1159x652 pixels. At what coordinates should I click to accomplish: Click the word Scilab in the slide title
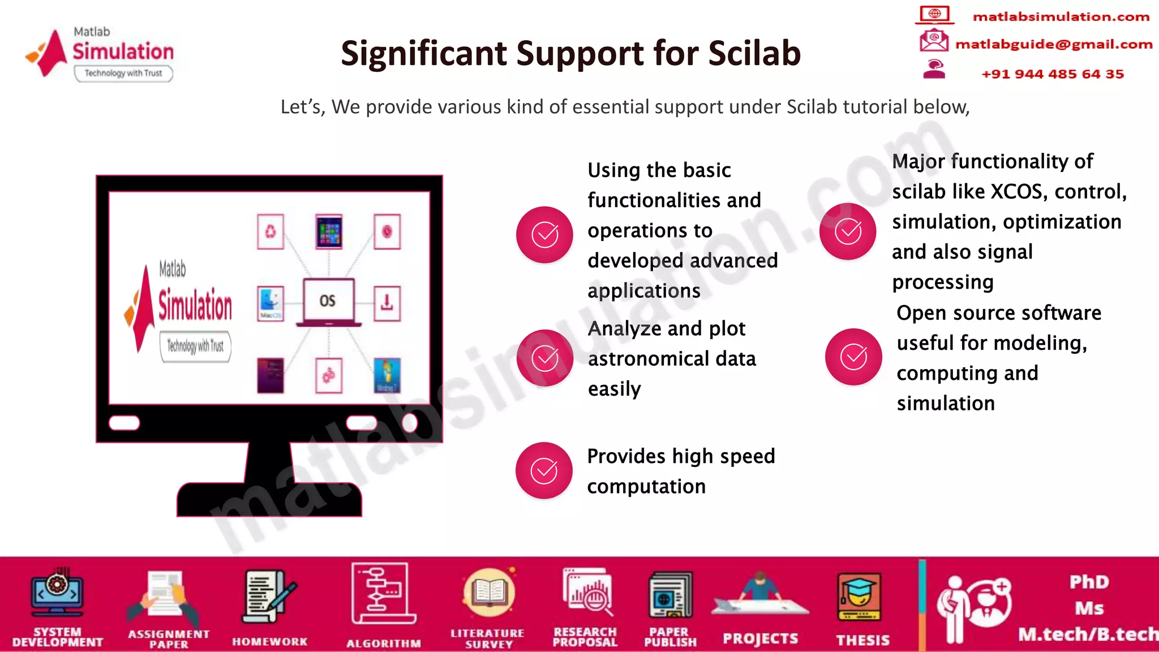[754, 53]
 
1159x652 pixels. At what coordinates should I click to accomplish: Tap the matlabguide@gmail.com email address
[1053, 44]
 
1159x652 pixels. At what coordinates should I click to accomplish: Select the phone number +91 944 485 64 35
[1052, 74]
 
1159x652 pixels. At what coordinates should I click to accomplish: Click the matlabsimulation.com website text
[1061, 17]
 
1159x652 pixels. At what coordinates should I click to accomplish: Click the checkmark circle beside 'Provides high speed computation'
[544, 470]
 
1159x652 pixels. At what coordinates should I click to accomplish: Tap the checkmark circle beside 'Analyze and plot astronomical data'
[544, 358]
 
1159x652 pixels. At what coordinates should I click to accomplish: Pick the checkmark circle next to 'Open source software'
[853, 357]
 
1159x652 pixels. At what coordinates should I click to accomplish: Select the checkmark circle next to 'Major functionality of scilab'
[847, 231]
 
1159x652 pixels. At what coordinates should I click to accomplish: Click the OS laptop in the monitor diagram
[328, 302]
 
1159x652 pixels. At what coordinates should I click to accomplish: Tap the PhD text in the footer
[1089, 582]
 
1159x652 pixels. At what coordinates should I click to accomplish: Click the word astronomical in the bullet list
[672, 359]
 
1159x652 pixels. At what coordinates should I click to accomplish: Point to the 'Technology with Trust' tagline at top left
[123, 73]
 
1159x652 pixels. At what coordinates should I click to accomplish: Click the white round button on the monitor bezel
[410, 422]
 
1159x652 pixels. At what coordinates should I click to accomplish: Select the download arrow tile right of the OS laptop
[387, 303]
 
